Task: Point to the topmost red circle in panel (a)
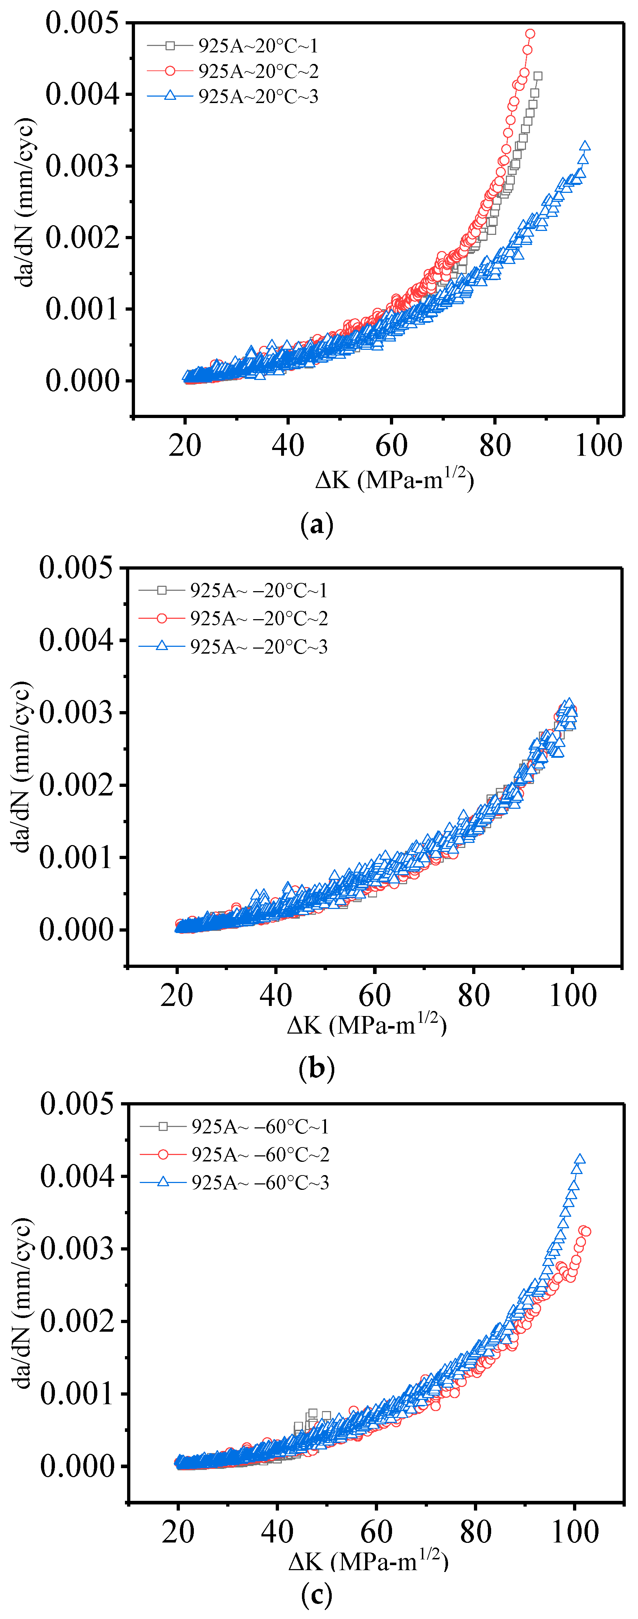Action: pos(530,34)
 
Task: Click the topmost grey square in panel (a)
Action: pos(537,76)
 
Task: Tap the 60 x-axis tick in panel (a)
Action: pos(392,445)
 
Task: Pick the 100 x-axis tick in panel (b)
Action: pos(573,995)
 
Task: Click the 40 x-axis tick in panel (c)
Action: pos(277,1532)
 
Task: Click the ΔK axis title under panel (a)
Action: pos(395,479)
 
